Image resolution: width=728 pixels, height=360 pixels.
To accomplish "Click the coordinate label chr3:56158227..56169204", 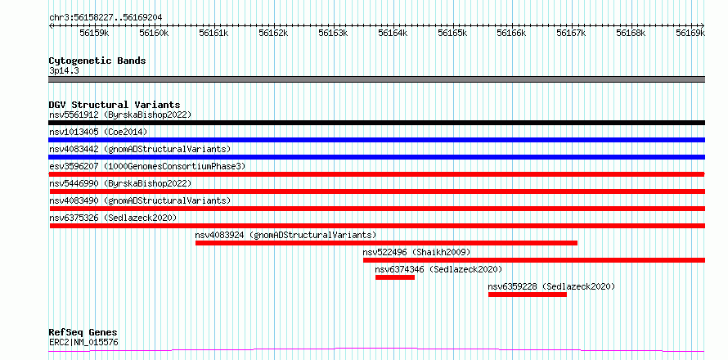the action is click(106, 17).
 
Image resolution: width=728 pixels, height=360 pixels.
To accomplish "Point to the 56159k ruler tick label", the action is click(94, 33).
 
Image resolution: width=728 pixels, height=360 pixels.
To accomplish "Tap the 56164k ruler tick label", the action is click(393, 33).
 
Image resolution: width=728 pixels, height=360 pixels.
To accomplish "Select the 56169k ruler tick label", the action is click(690, 33).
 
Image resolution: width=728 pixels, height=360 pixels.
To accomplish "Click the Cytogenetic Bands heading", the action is click(97, 61).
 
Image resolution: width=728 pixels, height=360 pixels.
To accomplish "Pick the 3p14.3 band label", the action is click(63, 71).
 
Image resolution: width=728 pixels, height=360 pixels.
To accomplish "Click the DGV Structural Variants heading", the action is click(115, 105).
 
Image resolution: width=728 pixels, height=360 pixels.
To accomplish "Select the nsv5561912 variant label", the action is click(74, 115).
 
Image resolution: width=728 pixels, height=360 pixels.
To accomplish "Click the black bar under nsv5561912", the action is click(376, 123).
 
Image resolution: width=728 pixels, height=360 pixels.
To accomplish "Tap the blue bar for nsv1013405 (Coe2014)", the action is click(376, 140).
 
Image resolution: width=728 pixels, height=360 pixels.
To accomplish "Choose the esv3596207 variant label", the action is click(74, 166).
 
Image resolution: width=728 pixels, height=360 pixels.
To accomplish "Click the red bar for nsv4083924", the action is click(386, 243).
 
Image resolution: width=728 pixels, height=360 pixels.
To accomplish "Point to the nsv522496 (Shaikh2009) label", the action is click(416, 252).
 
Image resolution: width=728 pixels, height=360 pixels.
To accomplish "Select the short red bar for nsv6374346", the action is click(394, 277).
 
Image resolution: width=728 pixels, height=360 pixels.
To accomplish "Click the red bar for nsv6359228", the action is click(528, 295).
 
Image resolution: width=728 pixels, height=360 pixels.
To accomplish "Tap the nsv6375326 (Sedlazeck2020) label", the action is click(113, 218).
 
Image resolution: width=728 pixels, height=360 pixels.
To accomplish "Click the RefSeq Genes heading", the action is click(83, 333).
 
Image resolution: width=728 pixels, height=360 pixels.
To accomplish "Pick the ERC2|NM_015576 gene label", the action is click(83, 343).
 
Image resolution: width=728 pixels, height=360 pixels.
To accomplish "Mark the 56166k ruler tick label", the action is click(511, 33).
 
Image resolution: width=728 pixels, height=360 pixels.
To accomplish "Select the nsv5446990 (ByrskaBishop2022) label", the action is click(120, 183).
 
